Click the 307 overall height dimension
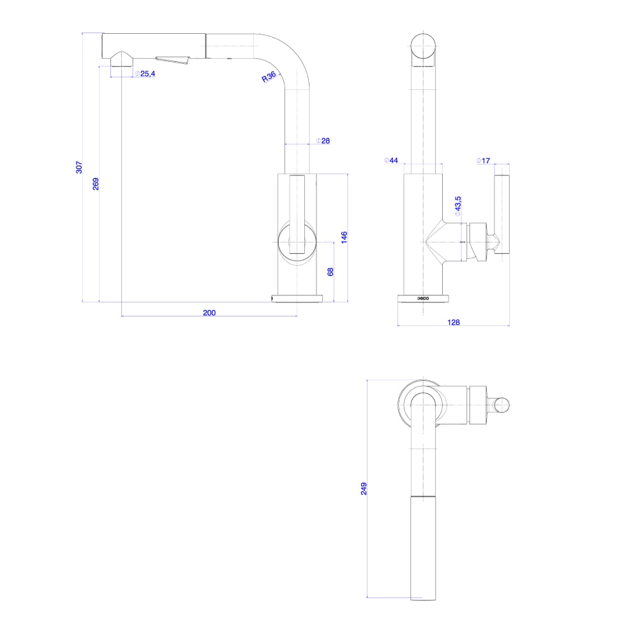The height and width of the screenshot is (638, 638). point(79,167)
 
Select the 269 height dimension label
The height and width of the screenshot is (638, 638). point(96,184)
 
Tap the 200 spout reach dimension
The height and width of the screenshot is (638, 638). point(209,313)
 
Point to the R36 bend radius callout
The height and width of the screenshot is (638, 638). point(269,77)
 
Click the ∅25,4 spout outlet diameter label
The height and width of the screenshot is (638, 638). point(145,74)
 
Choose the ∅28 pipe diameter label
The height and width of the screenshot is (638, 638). point(322,141)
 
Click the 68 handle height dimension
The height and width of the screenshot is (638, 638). point(330,271)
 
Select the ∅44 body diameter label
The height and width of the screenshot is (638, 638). point(391,161)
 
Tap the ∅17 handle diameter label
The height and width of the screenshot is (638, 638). point(483,161)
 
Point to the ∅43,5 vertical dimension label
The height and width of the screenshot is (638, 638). point(457,207)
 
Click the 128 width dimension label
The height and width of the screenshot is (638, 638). point(453,322)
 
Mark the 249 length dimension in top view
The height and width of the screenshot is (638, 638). point(364,489)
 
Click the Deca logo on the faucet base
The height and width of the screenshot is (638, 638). point(424,298)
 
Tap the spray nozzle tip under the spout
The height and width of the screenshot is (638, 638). point(121,62)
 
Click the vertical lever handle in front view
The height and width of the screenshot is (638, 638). point(297,214)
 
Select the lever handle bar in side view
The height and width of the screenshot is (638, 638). point(502,214)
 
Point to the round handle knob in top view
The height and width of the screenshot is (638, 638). point(502,404)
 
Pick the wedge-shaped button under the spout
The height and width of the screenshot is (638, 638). point(174,61)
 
